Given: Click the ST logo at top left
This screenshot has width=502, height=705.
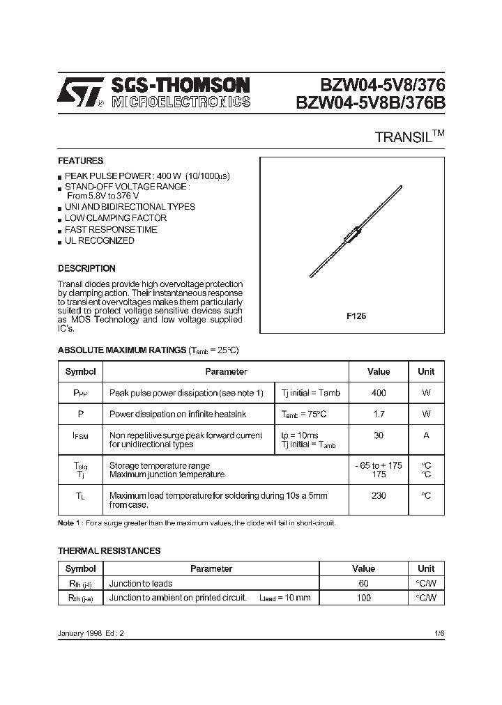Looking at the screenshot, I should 80,92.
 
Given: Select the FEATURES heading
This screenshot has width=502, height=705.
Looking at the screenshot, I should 80,160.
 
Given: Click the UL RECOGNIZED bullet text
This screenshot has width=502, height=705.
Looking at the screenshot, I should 100,241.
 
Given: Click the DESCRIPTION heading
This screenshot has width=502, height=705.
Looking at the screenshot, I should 86,268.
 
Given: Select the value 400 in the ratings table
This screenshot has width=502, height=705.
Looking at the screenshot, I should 379,393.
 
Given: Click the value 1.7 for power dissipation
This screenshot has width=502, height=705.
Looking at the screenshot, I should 379,415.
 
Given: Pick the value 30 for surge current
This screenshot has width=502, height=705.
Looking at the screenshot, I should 379,435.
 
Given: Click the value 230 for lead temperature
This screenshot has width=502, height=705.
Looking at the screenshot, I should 379,495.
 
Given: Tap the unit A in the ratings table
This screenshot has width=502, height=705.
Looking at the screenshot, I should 426,435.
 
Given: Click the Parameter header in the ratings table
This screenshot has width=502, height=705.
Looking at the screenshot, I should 226,371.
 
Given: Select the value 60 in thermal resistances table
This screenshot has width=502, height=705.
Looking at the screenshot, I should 363,584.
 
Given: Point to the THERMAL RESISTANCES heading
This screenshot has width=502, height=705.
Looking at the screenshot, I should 109,550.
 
